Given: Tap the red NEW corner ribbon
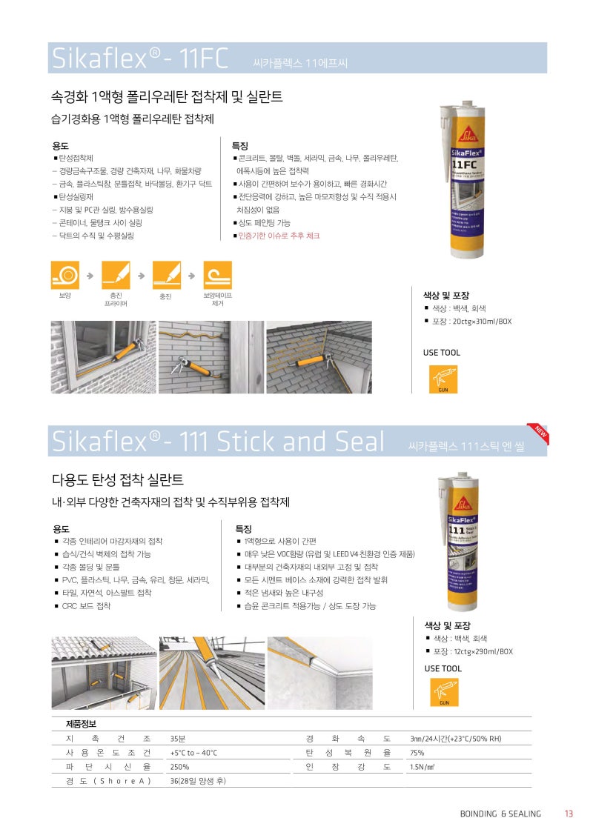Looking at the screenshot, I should coord(537,434).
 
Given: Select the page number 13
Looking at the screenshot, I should coord(569,814).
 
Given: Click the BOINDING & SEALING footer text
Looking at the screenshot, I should coord(500,814).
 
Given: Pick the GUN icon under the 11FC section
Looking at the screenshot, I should coord(443,379).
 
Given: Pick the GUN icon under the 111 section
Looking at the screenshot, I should coord(444,692).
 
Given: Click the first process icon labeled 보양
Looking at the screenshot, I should coord(65,275).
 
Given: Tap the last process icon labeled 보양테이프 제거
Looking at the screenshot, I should coord(217,275).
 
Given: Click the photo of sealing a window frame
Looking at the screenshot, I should coord(103,358).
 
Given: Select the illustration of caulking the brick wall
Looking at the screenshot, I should coord(211,358).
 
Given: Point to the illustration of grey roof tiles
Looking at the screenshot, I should coord(319,358).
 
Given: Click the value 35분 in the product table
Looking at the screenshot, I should coord(178,739).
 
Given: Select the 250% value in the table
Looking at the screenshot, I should coord(180,767).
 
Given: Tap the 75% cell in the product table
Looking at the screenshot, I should coord(417,753).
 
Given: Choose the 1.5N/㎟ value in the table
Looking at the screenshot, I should coord(423,767).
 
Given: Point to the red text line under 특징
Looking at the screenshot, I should coord(278,236).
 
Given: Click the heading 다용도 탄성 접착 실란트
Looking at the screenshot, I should coord(117,480).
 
